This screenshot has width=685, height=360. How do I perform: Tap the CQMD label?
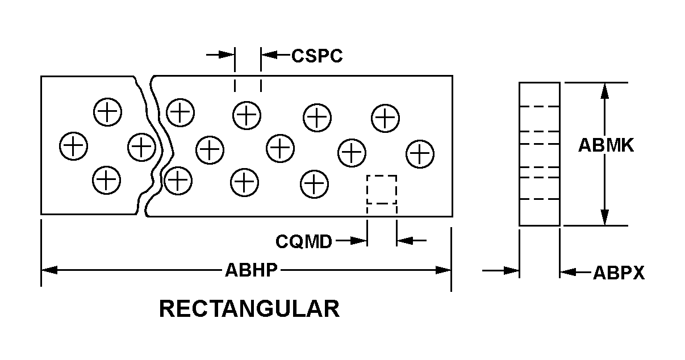tap(304, 241)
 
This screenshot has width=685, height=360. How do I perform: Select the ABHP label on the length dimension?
tap(251, 270)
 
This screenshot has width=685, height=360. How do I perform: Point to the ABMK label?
tap(606, 146)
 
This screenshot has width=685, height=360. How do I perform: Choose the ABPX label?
tap(619, 273)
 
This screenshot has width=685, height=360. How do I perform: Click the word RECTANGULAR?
tap(249, 309)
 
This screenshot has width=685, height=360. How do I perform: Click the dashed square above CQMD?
tap(382, 190)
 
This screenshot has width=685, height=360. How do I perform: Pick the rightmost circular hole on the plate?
tap(420, 154)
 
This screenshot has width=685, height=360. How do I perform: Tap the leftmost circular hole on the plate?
tap(73, 146)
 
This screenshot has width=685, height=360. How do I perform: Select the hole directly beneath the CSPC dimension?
tap(247, 115)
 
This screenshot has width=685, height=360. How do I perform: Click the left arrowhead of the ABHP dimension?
tap(49, 270)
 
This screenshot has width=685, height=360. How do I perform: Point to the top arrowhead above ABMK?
tap(605, 91)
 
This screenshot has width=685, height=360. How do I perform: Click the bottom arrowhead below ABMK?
tap(605, 217)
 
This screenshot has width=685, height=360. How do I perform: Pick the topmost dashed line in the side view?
tap(540, 106)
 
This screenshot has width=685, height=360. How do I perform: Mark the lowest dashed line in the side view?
tap(540, 199)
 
